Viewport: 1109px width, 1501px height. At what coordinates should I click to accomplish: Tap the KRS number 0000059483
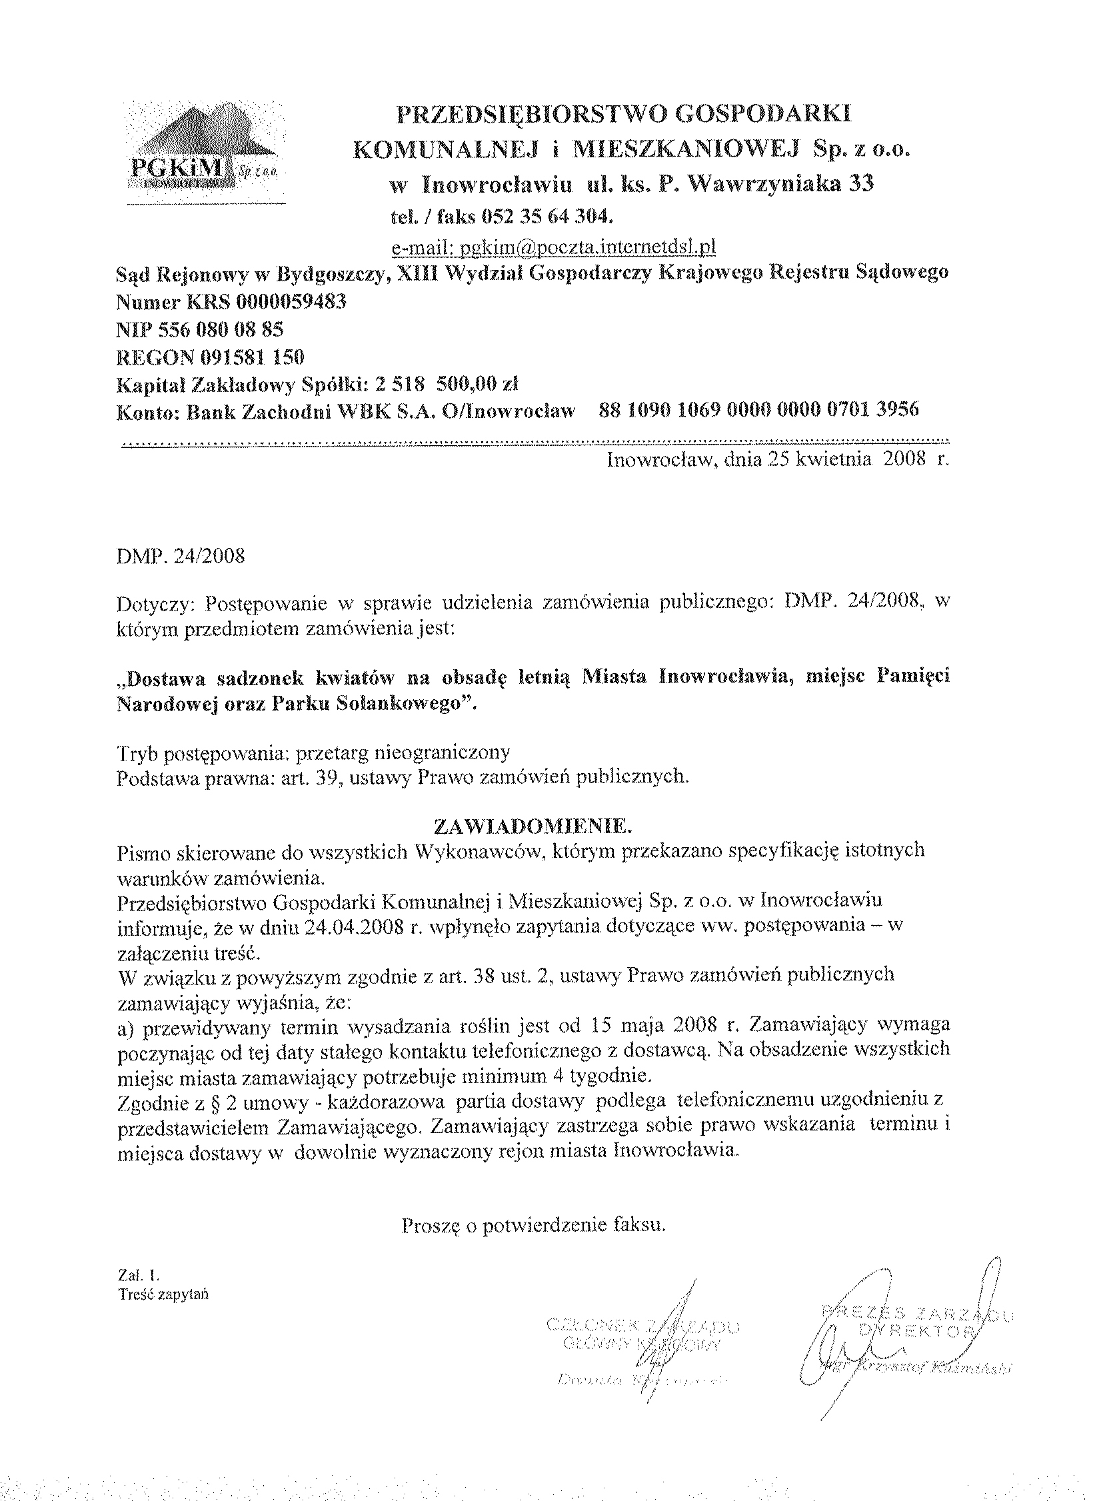(289, 302)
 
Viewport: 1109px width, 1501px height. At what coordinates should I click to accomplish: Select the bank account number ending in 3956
(758, 409)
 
